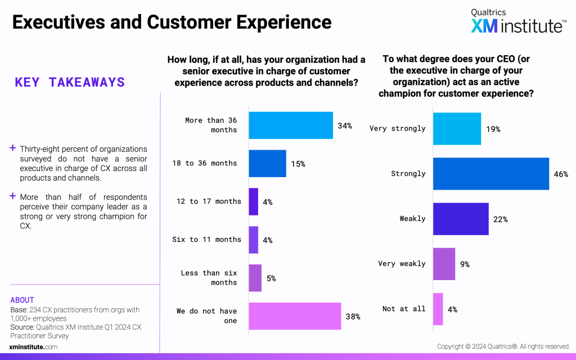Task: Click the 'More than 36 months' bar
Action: [x=290, y=125]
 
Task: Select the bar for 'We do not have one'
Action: [x=295, y=316]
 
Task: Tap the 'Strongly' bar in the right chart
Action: [x=490, y=174]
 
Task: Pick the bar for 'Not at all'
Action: [x=438, y=309]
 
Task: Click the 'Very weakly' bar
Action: [x=444, y=264]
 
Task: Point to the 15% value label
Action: [x=298, y=164]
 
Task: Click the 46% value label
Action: [x=561, y=174]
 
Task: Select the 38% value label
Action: [x=353, y=316]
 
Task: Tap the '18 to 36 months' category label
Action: [x=205, y=163]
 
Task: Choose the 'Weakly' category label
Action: [x=412, y=219]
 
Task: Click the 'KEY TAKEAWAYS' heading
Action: [x=70, y=83]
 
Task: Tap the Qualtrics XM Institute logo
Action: [x=518, y=21]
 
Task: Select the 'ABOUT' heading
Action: [x=22, y=300]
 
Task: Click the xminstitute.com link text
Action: [x=33, y=347]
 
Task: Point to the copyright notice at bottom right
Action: [x=503, y=346]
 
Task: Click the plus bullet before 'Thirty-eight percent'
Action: [x=12, y=149]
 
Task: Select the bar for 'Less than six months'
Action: [x=255, y=278]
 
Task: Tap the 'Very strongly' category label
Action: [x=397, y=128]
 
